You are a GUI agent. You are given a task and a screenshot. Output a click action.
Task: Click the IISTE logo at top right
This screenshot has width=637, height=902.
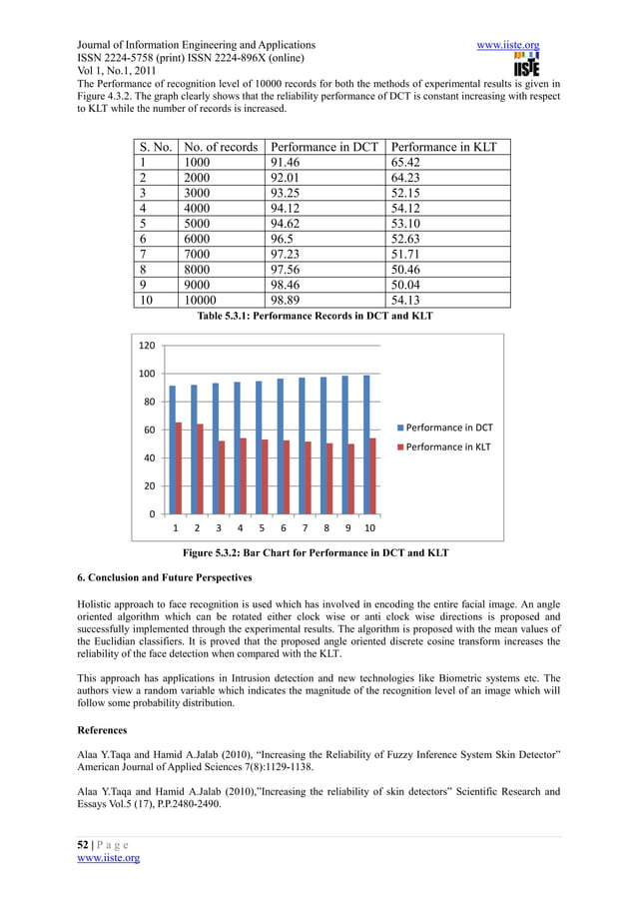coord(525,64)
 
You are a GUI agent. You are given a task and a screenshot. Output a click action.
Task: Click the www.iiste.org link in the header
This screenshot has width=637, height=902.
coord(509,45)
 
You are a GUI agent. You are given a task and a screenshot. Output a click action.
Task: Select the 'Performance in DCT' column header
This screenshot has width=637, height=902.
coord(324,147)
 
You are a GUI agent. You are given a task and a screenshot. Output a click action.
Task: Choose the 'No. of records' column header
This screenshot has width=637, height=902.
coord(221,147)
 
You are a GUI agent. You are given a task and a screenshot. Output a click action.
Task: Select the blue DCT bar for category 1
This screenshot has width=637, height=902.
coord(173,450)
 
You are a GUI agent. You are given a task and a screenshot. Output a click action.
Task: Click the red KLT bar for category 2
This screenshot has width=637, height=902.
coord(201,468)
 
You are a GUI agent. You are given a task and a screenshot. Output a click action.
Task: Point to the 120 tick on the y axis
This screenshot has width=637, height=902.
coord(146,346)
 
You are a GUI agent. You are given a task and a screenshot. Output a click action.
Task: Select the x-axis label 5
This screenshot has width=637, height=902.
coord(262,527)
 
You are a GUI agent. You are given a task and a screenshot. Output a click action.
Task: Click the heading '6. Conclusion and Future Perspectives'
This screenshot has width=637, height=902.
coord(164,578)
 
